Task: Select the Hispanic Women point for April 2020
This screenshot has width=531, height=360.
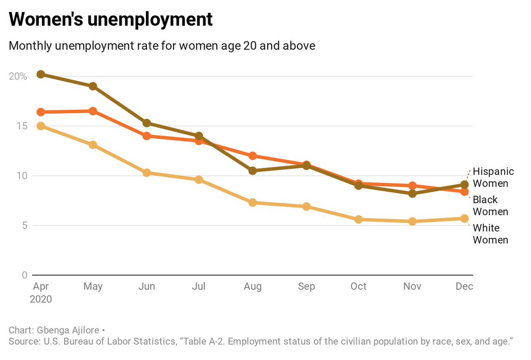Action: (x=41, y=74)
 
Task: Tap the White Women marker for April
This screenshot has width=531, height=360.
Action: (x=41, y=126)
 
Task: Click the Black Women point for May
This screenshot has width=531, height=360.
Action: (x=93, y=111)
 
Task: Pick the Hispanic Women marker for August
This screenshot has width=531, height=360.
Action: (x=253, y=170)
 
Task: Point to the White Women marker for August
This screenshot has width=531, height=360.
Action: (x=253, y=202)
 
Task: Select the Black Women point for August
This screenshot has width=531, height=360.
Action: (x=253, y=156)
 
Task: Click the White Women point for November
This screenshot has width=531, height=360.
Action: (x=412, y=221)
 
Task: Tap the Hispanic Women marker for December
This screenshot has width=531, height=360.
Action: (x=464, y=185)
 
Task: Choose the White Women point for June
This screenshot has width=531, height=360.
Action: (x=146, y=173)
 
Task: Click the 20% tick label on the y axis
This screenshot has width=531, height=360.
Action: (x=18, y=77)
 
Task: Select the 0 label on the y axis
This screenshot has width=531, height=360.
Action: (x=24, y=275)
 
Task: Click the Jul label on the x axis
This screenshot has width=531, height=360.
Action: (x=199, y=286)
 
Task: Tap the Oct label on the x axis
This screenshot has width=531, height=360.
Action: (x=358, y=286)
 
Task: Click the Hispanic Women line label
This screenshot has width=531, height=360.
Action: (x=490, y=177)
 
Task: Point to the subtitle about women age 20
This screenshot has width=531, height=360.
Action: (x=162, y=46)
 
